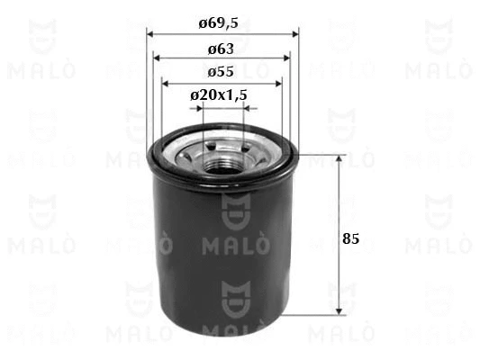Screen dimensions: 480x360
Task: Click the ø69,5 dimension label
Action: pos(218,23)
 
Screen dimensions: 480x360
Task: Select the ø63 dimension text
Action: pos(221,49)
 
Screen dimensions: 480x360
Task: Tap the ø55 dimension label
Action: pos(221,72)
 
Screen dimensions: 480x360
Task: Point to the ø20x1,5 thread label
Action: pos(219,95)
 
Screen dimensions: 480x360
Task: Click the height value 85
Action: pos(351,238)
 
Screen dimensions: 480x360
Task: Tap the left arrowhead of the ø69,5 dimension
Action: pos(150,34)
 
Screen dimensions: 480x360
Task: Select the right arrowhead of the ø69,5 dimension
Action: pos(295,34)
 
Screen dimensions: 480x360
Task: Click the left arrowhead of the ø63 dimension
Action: pos(157,58)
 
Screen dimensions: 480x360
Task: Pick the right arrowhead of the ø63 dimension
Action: pos(287,58)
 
